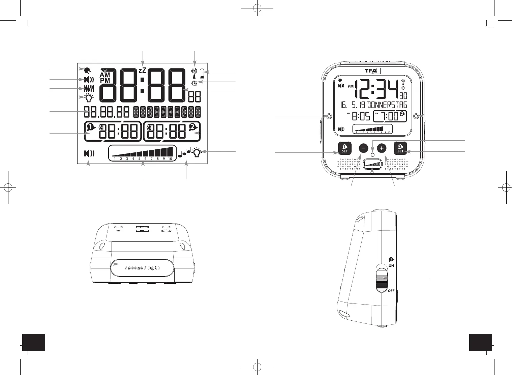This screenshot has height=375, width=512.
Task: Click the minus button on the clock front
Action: [363, 148]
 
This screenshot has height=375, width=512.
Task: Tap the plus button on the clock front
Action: [382, 148]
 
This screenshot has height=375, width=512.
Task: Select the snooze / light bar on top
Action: [142, 268]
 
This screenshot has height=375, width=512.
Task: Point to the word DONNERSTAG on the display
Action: [387, 105]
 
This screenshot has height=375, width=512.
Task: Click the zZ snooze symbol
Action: [143, 70]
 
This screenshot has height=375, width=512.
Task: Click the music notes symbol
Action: [184, 153]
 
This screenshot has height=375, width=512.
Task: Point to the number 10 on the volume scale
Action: [170, 158]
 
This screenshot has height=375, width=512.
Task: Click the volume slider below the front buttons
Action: [372, 165]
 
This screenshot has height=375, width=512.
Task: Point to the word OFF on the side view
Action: [391, 291]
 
